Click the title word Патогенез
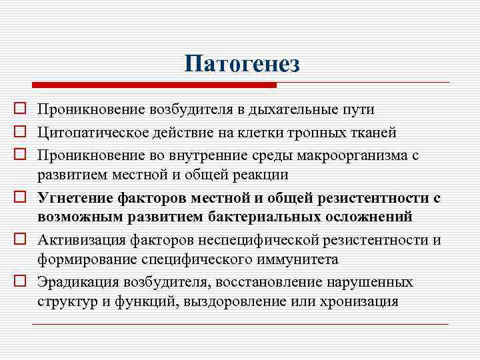[243, 65]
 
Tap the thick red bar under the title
[154, 85]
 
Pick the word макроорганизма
[354, 156]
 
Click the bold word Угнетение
[75, 198]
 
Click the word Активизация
[79, 240]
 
